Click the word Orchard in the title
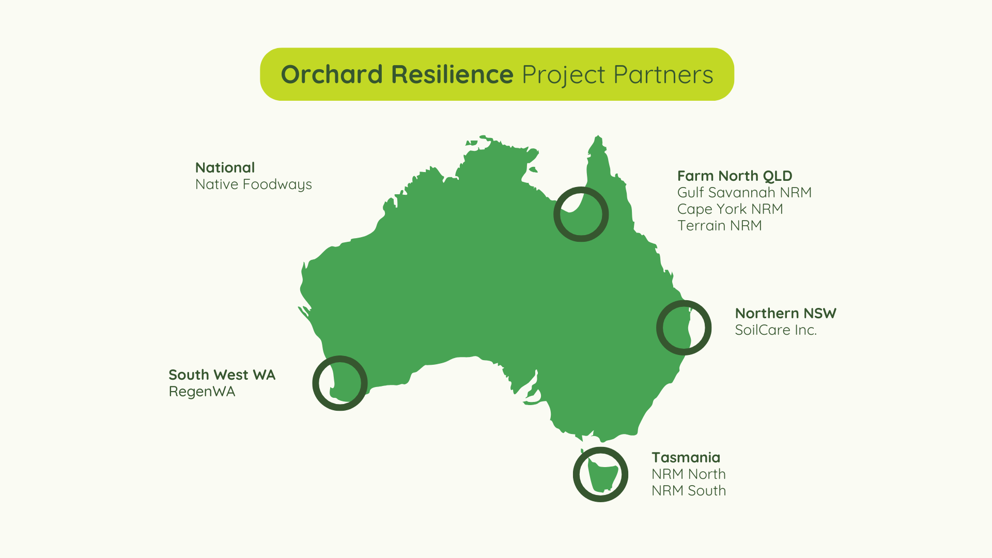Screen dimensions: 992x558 (332, 74)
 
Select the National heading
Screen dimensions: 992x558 (225, 167)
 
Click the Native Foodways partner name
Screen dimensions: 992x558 (254, 184)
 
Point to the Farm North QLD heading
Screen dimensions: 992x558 (735, 176)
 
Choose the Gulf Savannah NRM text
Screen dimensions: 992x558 (745, 192)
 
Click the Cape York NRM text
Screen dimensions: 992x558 (730, 209)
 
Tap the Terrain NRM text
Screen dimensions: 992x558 (720, 225)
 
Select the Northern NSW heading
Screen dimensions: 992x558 (786, 313)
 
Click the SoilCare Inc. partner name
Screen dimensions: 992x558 (776, 330)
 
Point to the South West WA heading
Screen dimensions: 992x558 (222, 375)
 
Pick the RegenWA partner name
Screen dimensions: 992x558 (202, 392)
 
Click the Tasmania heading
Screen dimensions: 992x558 (686, 457)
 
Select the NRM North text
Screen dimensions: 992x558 (689, 474)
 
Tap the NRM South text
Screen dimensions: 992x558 (689, 490)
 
